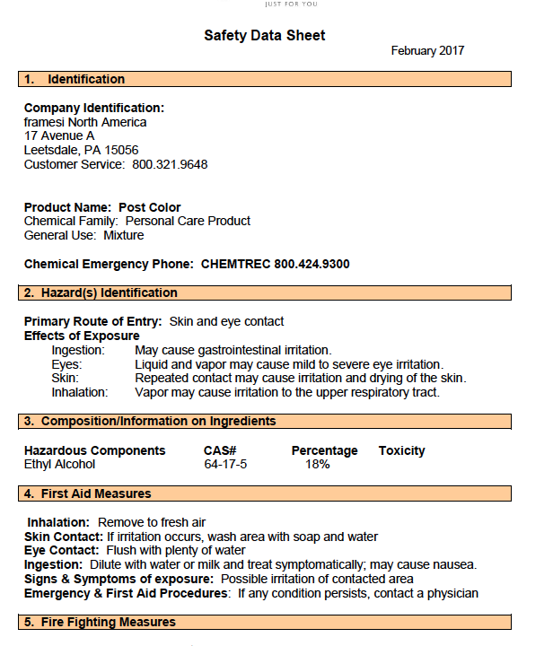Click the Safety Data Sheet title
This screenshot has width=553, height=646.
tap(264, 36)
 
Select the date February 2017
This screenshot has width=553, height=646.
tap(427, 51)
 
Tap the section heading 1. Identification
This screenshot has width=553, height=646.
tap(75, 80)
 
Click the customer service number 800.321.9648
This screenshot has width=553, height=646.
tap(170, 165)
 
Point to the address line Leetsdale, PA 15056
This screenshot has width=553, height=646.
tap(81, 151)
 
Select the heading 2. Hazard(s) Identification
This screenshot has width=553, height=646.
tap(101, 293)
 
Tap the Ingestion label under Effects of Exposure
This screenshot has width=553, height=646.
tap(78, 350)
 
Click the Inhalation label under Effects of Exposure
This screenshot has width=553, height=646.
tap(79, 392)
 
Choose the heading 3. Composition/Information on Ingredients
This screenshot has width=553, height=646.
tap(150, 422)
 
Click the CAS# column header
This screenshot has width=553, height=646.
tap(220, 450)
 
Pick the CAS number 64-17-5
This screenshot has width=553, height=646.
tap(225, 465)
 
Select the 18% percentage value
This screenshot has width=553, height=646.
tap(317, 465)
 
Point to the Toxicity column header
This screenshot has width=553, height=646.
tap(401, 450)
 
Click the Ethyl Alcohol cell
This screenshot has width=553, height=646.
tap(59, 465)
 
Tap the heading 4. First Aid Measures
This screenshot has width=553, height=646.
tap(87, 494)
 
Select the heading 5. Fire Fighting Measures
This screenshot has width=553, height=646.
tap(100, 622)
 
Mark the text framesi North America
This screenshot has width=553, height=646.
tap(85, 122)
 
